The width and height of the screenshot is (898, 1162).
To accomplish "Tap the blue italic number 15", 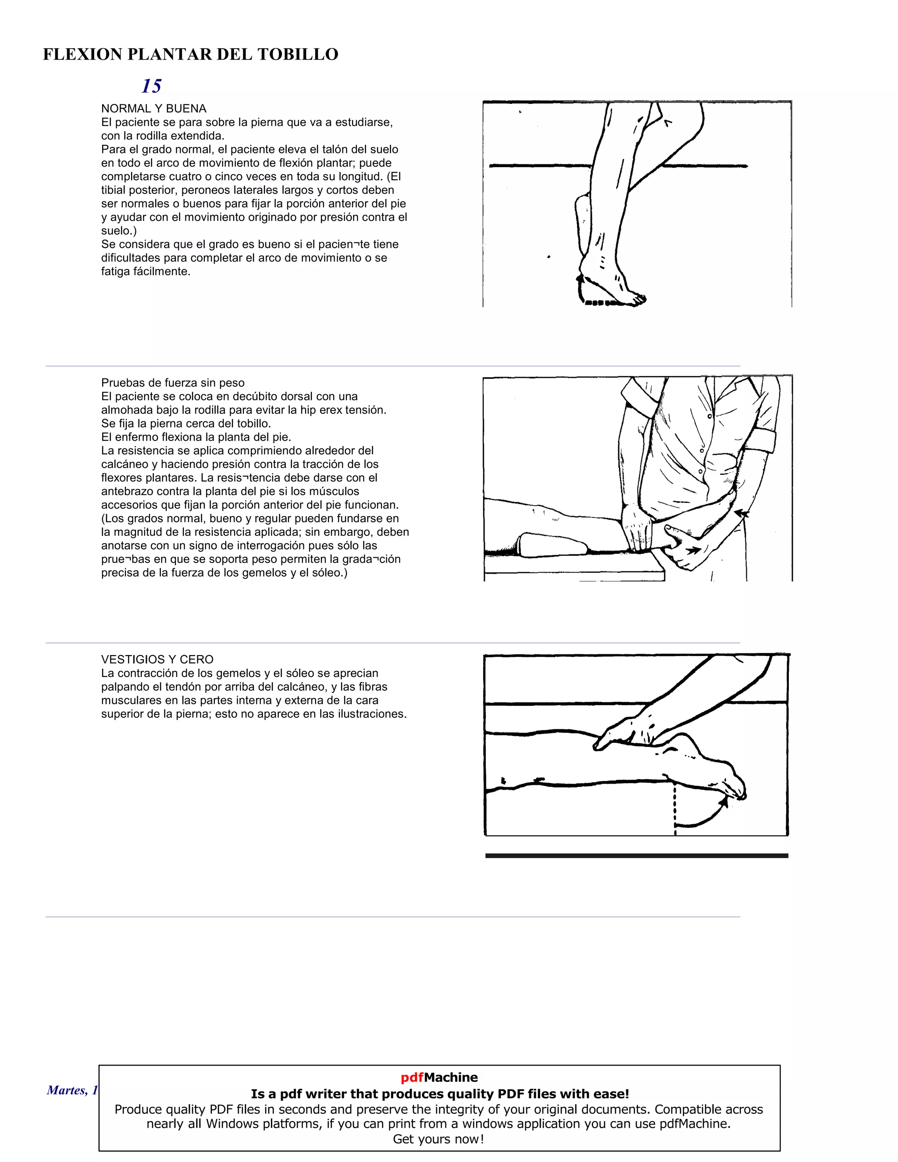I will pyautogui.click(x=151, y=86).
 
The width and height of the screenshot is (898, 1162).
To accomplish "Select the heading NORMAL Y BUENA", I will pyautogui.click(x=154, y=109).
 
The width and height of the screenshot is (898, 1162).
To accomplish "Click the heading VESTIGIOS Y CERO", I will pyautogui.click(x=157, y=659).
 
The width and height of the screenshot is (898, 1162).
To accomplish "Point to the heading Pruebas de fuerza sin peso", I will pyautogui.click(x=172, y=382).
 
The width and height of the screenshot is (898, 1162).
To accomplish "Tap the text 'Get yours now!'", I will pyautogui.click(x=438, y=1139).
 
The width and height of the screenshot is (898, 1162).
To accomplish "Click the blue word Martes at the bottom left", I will pyautogui.click(x=66, y=1090).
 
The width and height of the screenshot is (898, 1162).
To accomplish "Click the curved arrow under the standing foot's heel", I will pyautogui.click(x=581, y=290).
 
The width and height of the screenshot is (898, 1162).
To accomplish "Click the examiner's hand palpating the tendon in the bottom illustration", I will pyautogui.click(x=628, y=731).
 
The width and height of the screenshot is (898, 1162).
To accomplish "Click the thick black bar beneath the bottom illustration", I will pyautogui.click(x=636, y=855).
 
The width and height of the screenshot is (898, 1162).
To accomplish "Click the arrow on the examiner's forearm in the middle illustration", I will pyautogui.click(x=741, y=514).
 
